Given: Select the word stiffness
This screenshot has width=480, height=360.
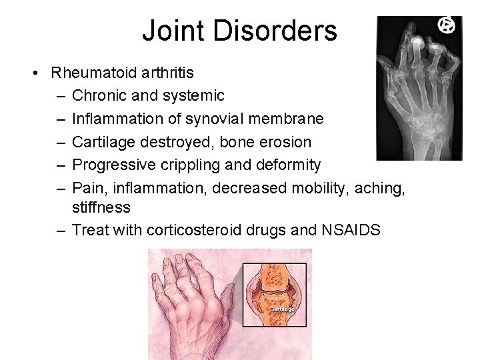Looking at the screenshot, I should point(101,207).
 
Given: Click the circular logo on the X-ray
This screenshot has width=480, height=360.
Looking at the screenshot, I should point(445,25).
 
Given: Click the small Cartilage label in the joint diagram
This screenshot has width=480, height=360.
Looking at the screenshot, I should point(282,309).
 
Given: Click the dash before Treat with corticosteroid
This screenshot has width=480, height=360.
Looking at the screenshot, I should point(61,230).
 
